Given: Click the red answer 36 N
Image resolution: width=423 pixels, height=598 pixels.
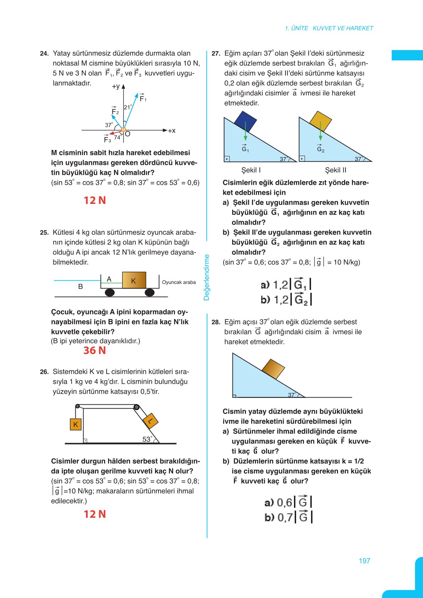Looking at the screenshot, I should [95, 350].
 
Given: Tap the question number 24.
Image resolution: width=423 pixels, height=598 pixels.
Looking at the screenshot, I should [44, 54].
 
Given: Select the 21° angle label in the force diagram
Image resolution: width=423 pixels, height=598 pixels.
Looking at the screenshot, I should [128, 107].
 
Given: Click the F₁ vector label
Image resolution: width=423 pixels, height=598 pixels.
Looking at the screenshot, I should [143, 98].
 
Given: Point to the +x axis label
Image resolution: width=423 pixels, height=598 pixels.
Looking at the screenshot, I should [171, 131].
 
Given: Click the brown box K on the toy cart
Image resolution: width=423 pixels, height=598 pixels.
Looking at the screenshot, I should [134, 280].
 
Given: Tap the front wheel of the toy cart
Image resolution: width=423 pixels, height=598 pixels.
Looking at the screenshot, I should [150, 292].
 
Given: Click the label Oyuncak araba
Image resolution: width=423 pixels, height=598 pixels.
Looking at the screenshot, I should [179, 282].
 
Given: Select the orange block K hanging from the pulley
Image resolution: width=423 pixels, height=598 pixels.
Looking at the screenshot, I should [76, 424].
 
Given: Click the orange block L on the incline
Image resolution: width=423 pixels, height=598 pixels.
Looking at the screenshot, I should [150, 421].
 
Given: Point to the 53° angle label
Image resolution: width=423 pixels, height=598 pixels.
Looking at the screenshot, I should [147, 439].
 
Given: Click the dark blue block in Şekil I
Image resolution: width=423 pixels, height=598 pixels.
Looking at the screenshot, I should [245, 122].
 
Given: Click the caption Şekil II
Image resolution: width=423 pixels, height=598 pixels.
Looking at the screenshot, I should [336, 170].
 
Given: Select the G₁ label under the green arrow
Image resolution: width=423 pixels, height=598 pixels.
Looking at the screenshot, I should [245, 149].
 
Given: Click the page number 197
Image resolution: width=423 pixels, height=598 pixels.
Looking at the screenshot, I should [364, 561].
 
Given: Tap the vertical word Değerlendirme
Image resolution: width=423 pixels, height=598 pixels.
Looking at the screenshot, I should [207, 277].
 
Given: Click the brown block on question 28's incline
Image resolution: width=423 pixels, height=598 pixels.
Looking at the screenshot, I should [273, 369].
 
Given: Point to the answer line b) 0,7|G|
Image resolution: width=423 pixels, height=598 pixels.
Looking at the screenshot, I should [288, 517].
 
